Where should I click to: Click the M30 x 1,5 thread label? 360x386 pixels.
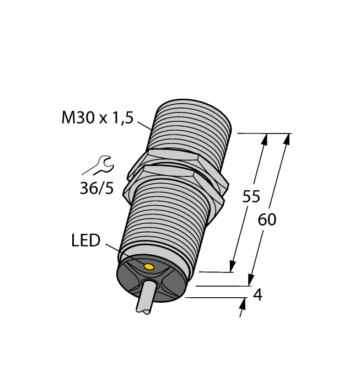click(x=98, y=117)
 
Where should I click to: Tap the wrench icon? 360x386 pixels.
click(x=99, y=165)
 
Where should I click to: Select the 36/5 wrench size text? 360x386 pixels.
click(x=96, y=189)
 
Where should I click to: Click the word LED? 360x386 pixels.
click(x=85, y=240)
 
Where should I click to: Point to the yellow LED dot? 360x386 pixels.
click(x=148, y=267)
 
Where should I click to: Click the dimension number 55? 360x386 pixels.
click(x=251, y=197)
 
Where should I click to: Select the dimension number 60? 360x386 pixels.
click(x=267, y=219)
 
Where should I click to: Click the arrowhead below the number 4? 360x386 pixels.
click(x=243, y=304)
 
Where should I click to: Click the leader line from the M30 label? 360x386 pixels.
click(x=144, y=125)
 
